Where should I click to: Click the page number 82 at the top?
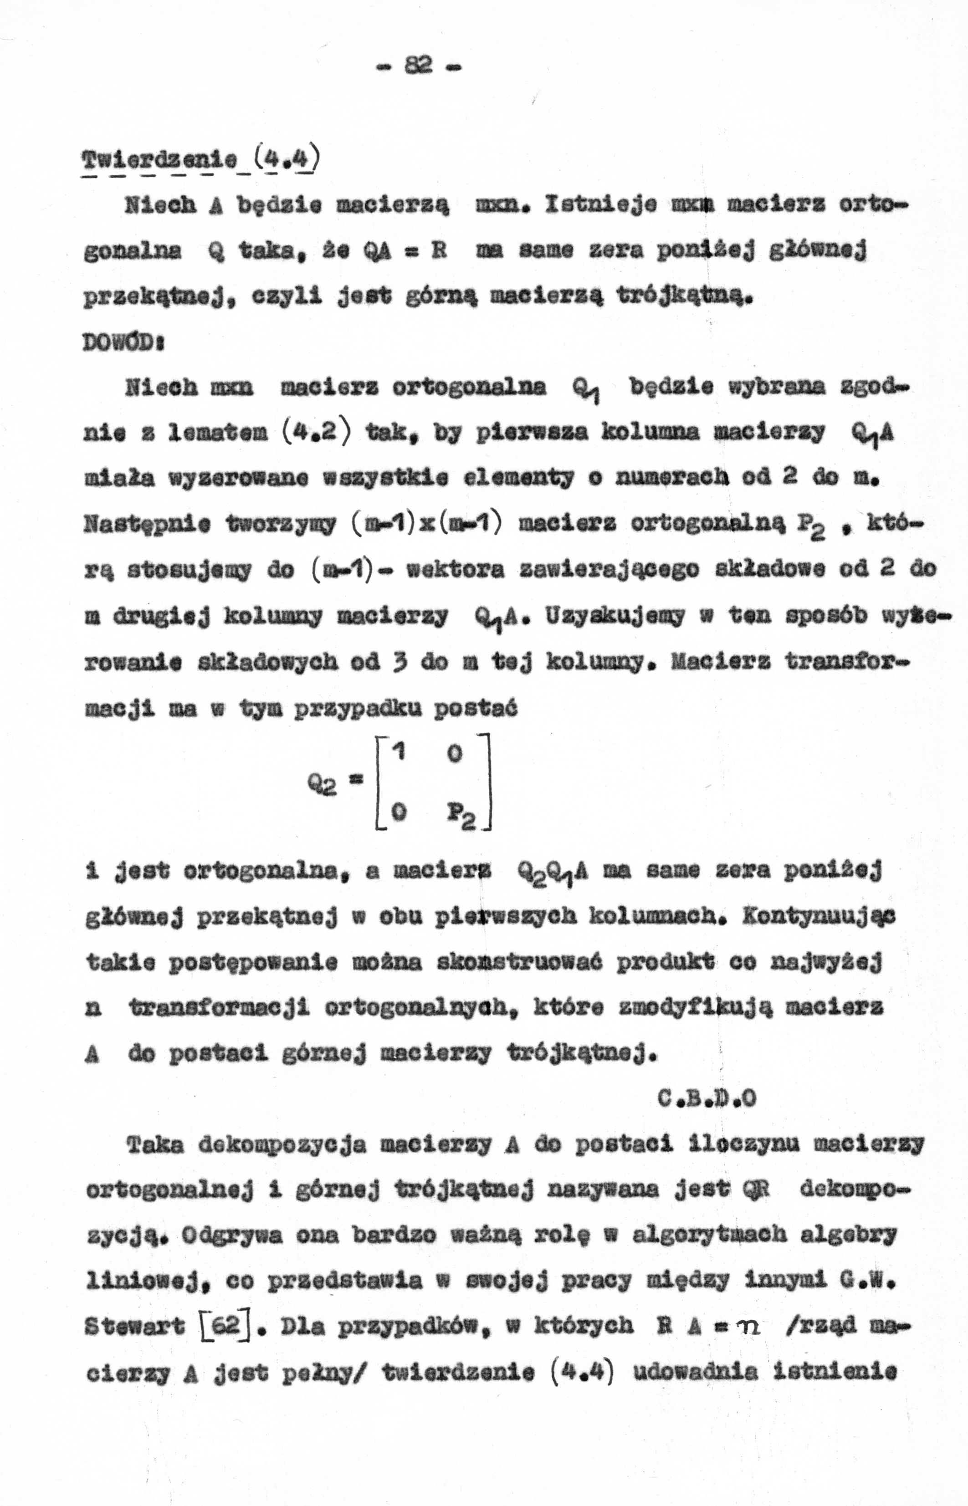click(x=417, y=65)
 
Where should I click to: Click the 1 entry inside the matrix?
click(x=397, y=751)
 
